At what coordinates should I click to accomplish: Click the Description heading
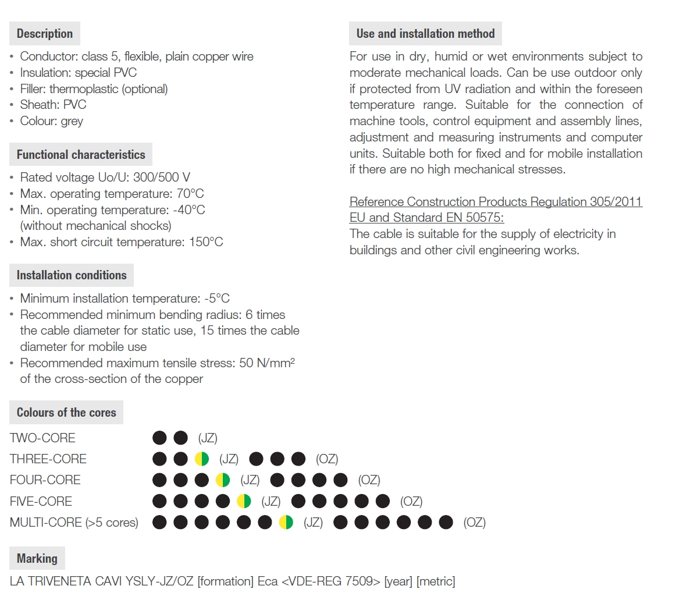point(45,34)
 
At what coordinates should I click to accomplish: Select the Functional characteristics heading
point(81,155)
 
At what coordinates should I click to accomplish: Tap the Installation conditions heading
point(72,275)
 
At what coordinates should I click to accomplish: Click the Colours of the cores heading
point(66,413)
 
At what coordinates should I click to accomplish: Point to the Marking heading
point(37,559)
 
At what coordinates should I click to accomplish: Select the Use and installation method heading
point(425,34)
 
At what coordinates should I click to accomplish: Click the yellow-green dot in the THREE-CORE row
point(202,459)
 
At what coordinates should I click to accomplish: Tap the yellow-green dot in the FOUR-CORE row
point(223,480)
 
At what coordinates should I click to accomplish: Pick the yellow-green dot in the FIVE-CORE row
point(244,501)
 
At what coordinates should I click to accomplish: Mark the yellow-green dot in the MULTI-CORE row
point(286,523)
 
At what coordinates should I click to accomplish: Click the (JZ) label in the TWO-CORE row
point(208,438)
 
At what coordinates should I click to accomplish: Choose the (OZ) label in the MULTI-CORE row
point(474,523)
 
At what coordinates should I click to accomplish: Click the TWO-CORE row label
point(42,438)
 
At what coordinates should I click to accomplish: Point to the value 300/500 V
point(162,178)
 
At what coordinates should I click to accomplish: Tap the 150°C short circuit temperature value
point(206,242)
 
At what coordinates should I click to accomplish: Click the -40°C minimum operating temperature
point(189,210)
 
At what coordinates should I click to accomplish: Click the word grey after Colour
point(72,121)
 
